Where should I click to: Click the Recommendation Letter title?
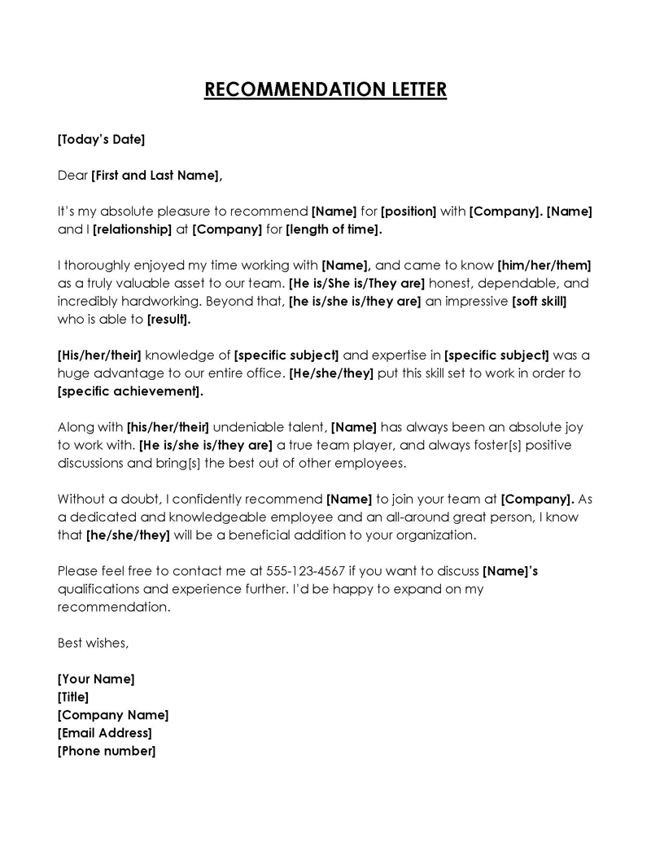pyautogui.click(x=325, y=89)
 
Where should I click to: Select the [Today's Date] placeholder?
pyautogui.click(x=101, y=139)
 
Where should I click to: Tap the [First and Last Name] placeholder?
pyautogui.click(x=155, y=175)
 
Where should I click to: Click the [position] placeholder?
pyautogui.click(x=409, y=212)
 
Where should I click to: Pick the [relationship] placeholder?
pyautogui.click(x=133, y=229)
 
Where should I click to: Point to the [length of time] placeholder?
pyautogui.click(x=333, y=229)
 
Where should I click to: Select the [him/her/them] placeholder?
pyautogui.click(x=544, y=265)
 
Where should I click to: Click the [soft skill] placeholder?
pyautogui.click(x=539, y=301)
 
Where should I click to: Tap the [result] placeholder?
pyautogui.click(x=168, y=319)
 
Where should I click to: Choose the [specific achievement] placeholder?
pyautogui.click(x=130, y=391)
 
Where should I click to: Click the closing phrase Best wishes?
pyautogui.click(x=93, y=643)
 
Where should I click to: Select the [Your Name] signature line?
pyautogui.click(x=96, y=678)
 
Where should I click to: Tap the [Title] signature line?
pyautogui.click(x=73, y=696)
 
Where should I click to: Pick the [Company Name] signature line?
pyautogui.click(x=113, y=715)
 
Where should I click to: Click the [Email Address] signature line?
pyautogui.click(x=104, y=733)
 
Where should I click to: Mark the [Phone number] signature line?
pyautogui.click(x=106, y=751)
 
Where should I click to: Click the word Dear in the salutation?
pyautogui.click(x=72, y=175)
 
